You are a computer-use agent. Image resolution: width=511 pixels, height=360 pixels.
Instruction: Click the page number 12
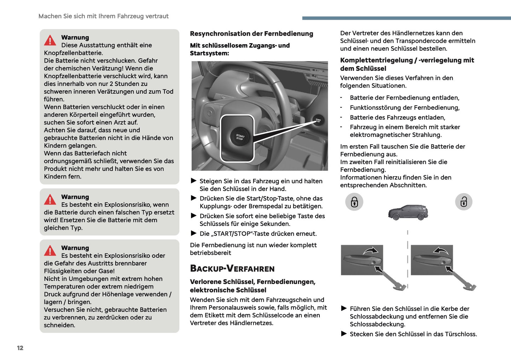[x=20, y=348]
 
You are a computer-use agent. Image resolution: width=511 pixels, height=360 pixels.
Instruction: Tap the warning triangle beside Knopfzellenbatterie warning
[x=50, y=41]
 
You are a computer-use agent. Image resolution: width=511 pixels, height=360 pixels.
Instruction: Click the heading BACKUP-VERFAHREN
[x=232, y=268]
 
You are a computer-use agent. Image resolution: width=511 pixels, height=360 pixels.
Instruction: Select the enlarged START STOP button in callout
[x=240, y=137]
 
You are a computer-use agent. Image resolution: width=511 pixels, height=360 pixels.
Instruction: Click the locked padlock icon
[x=354, y=202]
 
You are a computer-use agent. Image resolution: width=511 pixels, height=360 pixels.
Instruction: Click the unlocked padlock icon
[x=464, y=202]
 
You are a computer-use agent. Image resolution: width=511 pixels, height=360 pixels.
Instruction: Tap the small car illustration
[x=408, y=213]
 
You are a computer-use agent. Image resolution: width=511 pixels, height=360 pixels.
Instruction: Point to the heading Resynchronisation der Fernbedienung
[x=251, y=34]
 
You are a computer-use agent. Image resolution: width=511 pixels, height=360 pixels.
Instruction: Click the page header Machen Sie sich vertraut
[x=103, y=16]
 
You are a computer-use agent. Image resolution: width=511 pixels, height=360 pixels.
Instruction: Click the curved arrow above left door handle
[x=370, y=251]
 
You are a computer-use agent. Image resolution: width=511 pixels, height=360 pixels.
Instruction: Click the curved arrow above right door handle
[x=441, y=251]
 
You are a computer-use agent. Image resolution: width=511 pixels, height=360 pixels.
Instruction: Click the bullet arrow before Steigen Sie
[x=193, y=181]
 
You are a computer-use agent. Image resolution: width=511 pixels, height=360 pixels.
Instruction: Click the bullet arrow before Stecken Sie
[x=344, y=333]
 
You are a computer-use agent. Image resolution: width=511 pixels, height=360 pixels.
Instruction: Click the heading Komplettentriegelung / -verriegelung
[x=407, y=64]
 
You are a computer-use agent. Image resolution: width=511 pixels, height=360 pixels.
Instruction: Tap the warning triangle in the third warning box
[x=50, y=251]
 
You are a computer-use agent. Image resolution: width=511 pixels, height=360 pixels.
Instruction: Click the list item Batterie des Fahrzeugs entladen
[x=397, y=117]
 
